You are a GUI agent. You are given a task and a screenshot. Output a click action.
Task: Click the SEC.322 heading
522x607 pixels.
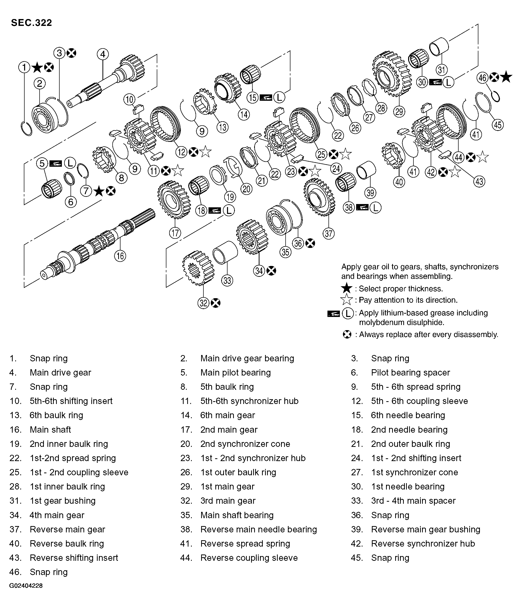pyautogui.click(x=31, y=23)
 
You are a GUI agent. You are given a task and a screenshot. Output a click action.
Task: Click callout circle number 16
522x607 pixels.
pyautogui.click(x=120, y=256)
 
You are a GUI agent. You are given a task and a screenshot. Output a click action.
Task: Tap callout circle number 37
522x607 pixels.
pyautogui.click(x=328, y=233)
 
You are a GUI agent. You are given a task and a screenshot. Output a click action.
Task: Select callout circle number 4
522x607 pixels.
pyautogui.click(x=102, y=54)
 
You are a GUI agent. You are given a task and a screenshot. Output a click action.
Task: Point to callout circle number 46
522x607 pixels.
pyautogui.click(x=482, y=78)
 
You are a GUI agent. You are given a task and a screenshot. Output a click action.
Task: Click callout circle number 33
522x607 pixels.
pyautogui.click(x=227, y=280)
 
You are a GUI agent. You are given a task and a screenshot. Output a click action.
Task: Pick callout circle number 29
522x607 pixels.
pyautogui.click(x=399, y=112)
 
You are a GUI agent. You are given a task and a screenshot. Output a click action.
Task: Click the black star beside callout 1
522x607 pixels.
pyautogui.click(x=37, y=68)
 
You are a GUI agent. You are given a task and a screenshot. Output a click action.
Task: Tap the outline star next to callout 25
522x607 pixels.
pyautogui.click(x=345, y=154)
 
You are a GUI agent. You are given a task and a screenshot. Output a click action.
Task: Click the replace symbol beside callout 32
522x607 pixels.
pyautogui.click(x=216, y=303)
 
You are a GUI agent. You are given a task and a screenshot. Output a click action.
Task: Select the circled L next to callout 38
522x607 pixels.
pyautogui.click(x=375, y=208)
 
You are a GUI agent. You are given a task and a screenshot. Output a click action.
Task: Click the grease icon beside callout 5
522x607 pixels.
pyautogui.click(x=56, y=163)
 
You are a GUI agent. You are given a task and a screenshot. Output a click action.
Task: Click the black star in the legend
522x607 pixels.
pyautogui.click(x=347, y=288)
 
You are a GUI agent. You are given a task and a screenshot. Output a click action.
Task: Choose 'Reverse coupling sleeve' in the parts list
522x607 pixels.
pyautogui.click(x=249, y=558)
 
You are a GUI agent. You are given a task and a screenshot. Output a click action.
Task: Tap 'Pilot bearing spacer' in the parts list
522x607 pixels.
pyautogui.click(x=410, y=372)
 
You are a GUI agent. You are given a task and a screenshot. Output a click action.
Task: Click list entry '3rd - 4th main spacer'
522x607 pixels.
pyautogui.click(x=413, y=501)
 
